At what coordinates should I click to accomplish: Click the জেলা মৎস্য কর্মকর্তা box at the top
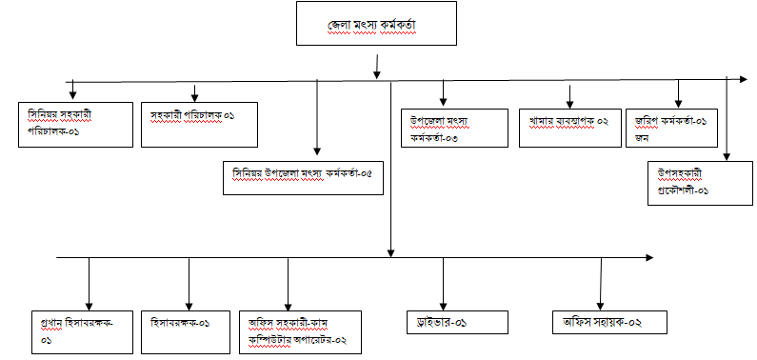376,23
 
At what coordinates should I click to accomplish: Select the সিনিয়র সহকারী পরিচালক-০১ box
75,125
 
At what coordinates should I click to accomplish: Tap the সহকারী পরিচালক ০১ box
199,125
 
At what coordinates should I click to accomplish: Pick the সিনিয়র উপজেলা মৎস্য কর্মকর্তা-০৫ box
303,178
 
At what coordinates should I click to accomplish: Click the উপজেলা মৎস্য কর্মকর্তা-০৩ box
454,128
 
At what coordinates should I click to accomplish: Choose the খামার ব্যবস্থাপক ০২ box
569,128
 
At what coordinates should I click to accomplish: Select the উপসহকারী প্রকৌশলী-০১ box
700,184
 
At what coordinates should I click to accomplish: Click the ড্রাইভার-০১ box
457,322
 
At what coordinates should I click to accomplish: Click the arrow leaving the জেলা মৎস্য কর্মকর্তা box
376,66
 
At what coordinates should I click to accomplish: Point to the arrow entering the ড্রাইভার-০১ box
443,284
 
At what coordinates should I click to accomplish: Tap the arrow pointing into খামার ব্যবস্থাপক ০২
569,96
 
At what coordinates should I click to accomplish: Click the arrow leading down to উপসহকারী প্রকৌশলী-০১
727,118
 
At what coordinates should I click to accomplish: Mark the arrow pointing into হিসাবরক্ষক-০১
189,284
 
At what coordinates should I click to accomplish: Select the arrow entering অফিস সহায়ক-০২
601,284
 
